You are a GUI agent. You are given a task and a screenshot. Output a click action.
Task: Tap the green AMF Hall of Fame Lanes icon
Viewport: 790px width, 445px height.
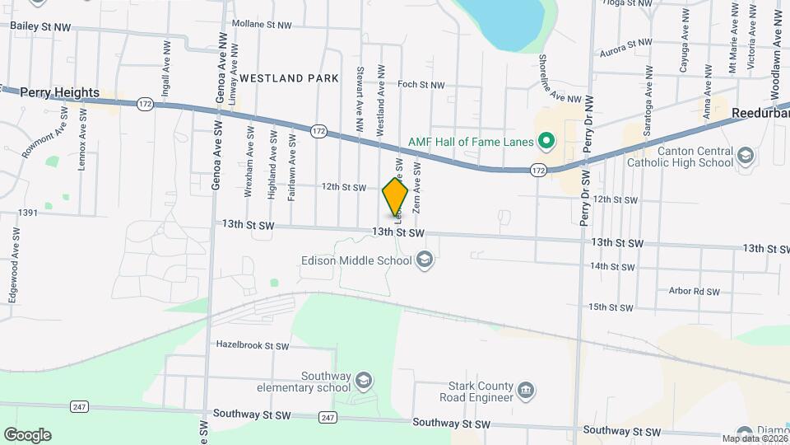(545, 143)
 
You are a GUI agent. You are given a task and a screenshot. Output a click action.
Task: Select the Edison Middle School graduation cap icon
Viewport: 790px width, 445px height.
(425, 261)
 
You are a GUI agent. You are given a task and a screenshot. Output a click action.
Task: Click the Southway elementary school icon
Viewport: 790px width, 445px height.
(363, 381)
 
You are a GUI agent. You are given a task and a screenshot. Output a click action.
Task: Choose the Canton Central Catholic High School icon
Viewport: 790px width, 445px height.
(745, 155)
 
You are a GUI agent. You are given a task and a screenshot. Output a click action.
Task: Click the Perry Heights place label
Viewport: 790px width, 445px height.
(60, 93)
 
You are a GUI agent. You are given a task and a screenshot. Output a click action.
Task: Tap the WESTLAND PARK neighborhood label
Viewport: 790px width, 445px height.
(289, 78)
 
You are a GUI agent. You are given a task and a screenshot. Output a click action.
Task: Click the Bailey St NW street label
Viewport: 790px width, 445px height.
(40, 27)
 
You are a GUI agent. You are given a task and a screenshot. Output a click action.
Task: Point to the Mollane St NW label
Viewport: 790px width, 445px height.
(262, 25)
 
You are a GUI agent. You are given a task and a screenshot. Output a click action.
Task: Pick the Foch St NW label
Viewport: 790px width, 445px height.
(421, 85)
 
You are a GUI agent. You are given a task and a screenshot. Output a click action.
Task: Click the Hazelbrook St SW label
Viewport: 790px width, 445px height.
(253, 345)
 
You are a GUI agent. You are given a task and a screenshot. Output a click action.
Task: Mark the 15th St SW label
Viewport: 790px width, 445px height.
(611, 307)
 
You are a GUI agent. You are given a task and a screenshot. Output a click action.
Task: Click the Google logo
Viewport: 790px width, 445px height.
(27, 435)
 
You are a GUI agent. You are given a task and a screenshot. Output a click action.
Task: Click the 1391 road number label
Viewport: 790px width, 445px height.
(29, 213)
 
